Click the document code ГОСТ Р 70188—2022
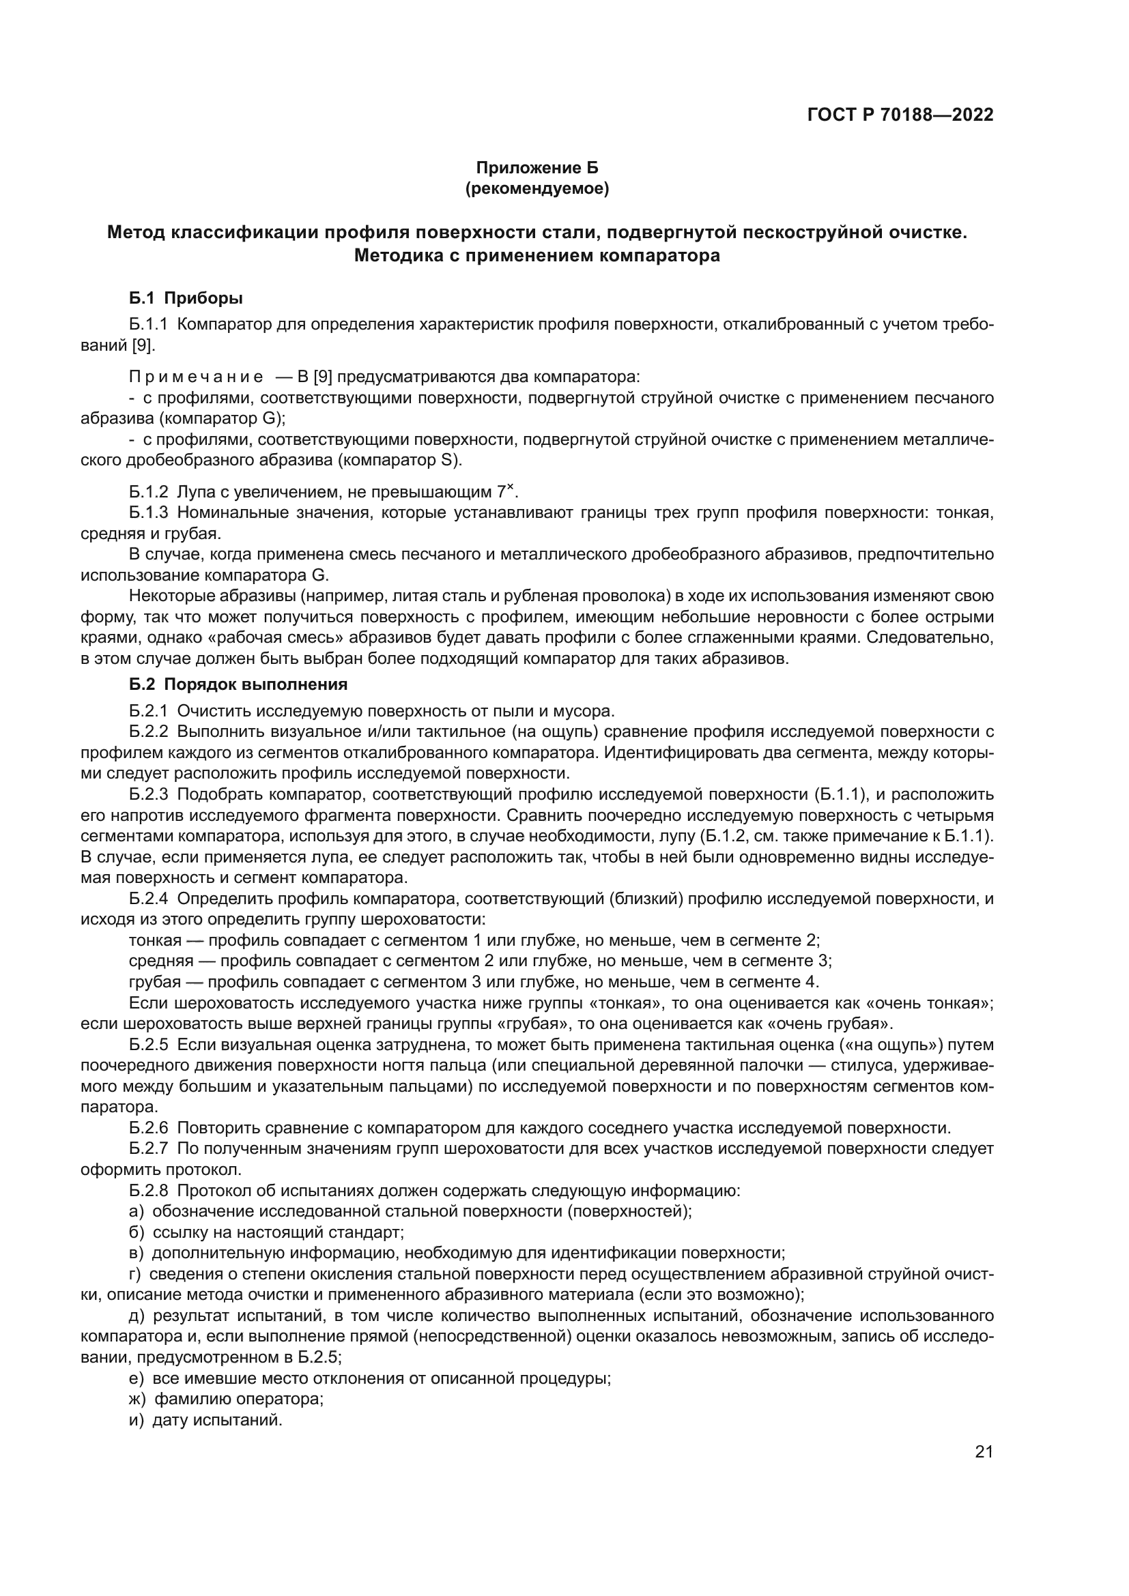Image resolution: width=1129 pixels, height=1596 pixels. [x=900, y=115]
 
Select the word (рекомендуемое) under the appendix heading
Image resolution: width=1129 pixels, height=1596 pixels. [x=537, y=188]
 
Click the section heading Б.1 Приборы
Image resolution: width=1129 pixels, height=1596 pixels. [x=186, y=299]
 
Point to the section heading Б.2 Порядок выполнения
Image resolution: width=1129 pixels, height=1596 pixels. [x=238, y=684]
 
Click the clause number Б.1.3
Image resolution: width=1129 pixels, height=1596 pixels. [x=149, y=513]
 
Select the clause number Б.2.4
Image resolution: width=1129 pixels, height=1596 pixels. [x=149, y=899]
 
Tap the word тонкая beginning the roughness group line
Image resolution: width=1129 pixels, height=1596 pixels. [x=154, y=940]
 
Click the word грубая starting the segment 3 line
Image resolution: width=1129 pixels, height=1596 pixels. [x=154, y=982]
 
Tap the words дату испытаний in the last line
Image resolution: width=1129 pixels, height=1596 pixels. [x=217, y=1419]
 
